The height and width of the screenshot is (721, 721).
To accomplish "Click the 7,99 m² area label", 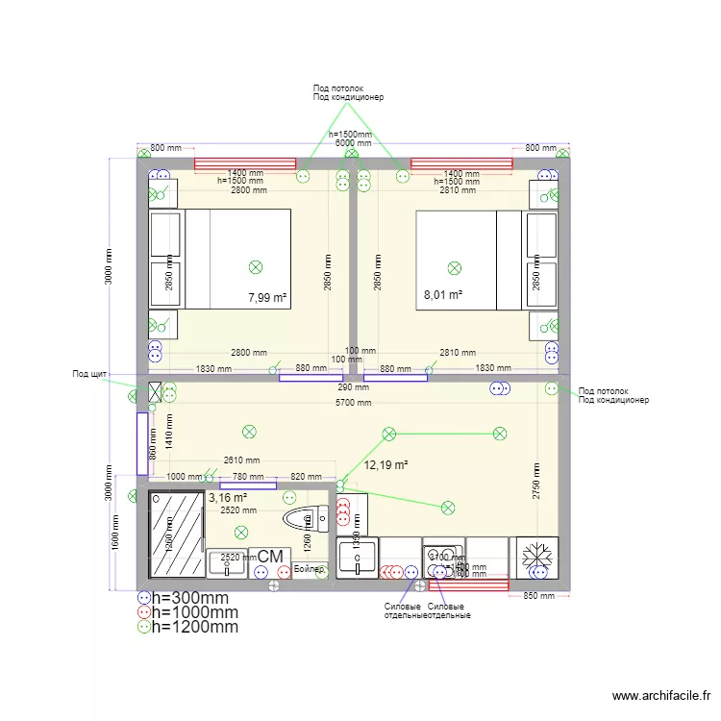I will coord(267,298).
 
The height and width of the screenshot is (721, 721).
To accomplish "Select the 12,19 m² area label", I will coord(386,465).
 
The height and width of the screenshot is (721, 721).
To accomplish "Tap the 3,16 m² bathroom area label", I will coord(228,498).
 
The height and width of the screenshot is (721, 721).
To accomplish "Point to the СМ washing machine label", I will coord(270,556).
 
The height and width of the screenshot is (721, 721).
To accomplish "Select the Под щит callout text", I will coord(89,374).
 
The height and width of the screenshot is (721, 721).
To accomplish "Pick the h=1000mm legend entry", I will coord(195,612).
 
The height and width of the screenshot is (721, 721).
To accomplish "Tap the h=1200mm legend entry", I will coord(195,627).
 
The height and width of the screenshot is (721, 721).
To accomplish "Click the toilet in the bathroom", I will coord(308,520).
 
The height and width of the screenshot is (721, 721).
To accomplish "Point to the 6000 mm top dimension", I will coord(352,143).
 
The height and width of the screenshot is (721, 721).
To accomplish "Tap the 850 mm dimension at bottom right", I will coord(540,596).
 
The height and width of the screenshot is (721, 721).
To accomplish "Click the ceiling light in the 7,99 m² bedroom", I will coord(256,266).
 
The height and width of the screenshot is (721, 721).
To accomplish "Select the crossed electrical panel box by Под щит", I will coord(155,392).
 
